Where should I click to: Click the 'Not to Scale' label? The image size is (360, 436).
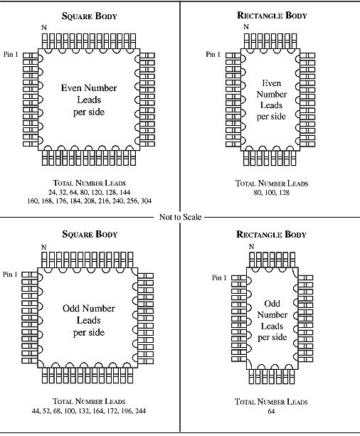(x=180, y=217)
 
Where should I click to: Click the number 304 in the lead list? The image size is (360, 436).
(x=146, y=201)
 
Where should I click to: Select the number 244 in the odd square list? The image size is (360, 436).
(x=140, y=410)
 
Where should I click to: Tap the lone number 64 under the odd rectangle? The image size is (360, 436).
(x=271, y=411)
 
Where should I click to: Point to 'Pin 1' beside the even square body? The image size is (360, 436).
(x=11, y=54)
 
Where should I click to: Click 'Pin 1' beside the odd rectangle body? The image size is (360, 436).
(x=219, y=277)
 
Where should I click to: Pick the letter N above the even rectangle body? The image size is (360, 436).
(x=246, y=27)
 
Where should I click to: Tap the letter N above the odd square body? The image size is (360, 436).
(x=43, y=248)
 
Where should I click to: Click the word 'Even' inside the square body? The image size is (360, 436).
(x=71, y=88)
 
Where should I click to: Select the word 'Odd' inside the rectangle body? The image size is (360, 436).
(x=272, y=304)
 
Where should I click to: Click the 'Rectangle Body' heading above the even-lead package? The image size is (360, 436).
(x=272, y=15)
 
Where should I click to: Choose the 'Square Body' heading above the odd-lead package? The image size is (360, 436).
(x=90, y=234)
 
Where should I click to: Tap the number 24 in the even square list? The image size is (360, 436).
(x=52, y=193)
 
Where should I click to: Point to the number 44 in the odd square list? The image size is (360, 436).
(x=36, y=410)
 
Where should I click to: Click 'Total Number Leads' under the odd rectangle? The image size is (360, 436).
(x=271, y=402)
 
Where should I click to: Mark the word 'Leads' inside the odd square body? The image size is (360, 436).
(x=88, y=320)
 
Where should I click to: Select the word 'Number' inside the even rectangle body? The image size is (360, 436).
(x=272, y=95)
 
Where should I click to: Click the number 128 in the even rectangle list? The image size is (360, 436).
(x=284, y=193)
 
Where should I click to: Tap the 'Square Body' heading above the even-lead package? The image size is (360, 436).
(x=90, y=16)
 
